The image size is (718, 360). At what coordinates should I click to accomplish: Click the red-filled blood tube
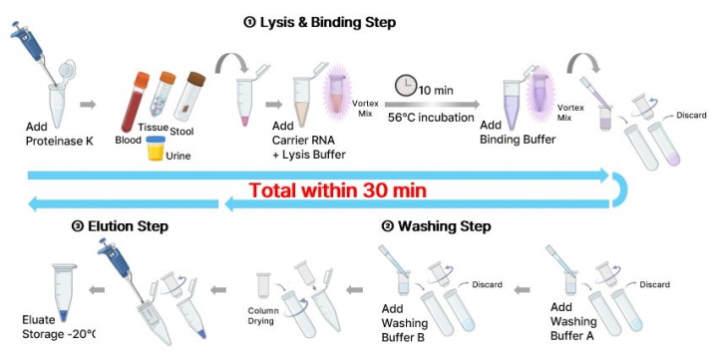click(135, 102)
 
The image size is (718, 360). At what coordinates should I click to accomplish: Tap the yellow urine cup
click(157, 148)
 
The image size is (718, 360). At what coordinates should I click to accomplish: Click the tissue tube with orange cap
click(163, 94)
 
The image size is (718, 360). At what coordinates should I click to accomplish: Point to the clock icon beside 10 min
click(406, 86)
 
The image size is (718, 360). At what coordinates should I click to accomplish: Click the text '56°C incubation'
click(431, 118)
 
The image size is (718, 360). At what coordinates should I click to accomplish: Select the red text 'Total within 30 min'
click(338, 190)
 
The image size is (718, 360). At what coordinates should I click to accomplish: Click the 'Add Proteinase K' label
click(59, 134)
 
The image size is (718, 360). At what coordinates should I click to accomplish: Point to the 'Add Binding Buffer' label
click(518, 133)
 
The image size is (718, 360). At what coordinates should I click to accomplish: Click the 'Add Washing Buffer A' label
click(573, 321)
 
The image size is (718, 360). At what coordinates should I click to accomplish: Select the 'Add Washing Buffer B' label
click(404, 323)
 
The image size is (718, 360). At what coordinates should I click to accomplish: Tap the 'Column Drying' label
click(260, 316)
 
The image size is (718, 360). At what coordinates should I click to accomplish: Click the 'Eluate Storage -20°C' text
click(59, 327)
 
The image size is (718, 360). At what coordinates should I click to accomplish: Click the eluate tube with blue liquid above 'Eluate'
click(65, 292)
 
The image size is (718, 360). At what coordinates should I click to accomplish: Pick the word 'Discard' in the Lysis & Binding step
click(691, 116)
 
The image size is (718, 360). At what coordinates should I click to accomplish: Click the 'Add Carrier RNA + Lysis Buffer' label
click(308, 141)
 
